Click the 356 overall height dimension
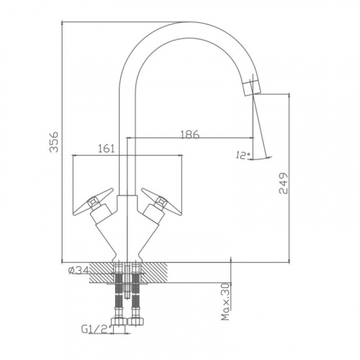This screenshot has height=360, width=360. [54, 142]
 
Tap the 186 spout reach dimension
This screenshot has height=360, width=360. [189, 135]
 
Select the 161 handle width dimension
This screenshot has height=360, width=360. [107, 149]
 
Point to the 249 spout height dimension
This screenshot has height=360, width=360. [283, 183]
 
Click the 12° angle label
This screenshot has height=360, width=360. [243, 156]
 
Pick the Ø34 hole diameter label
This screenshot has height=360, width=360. [78, 271]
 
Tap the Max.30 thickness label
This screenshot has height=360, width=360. [225, 302]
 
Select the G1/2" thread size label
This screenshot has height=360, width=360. [96, 329]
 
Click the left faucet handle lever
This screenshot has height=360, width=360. [93, 202]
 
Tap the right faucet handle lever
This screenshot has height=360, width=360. [161, 202]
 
